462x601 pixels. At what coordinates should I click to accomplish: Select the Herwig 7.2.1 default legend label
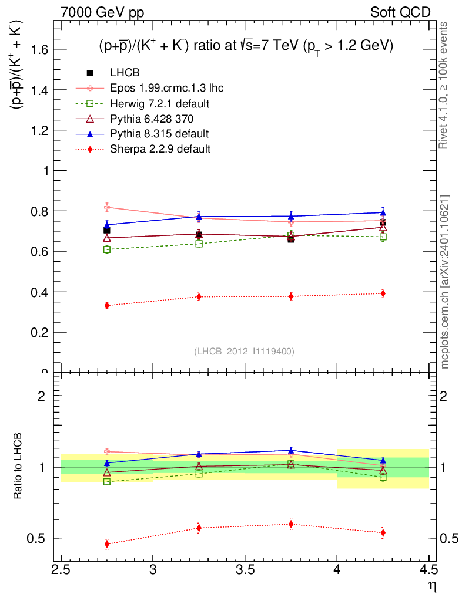tap(160, 103)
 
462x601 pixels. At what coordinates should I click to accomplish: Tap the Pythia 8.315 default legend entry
tap(159, 134)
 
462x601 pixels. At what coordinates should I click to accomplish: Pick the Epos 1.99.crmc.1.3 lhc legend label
tap(166, 88)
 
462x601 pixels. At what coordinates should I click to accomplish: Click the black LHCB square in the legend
tap(90, 73)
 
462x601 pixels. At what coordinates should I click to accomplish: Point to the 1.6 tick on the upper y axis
tap(39, 49)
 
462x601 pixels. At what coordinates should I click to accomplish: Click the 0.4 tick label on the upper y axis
tap(39, 292)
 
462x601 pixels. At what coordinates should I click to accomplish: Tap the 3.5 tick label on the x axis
tap(245, 569)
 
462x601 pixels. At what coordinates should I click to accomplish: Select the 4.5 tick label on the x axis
tap(428, 569)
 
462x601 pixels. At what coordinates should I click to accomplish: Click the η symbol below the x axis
tap(433, 587)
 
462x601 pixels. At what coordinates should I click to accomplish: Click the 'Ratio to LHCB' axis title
tap(18, 466)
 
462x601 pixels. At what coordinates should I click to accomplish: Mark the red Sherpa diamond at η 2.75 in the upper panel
tap(107, 305)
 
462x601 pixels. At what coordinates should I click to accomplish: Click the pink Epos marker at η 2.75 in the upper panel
tap(107, 207)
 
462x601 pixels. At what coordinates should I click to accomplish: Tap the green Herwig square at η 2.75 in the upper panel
tap(107, 249)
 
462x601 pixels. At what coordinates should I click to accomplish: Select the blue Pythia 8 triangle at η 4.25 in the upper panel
tap(383, 212)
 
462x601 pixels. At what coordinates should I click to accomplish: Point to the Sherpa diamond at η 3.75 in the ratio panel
tap(291, 524)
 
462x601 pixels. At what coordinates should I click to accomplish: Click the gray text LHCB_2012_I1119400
tap(245, 352)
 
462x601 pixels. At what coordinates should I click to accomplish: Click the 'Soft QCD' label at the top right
tap(400, 12)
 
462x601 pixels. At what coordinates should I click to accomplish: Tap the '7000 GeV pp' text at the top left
tap(102, 13)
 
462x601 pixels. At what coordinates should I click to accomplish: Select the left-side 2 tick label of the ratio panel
tap(42, 396)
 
